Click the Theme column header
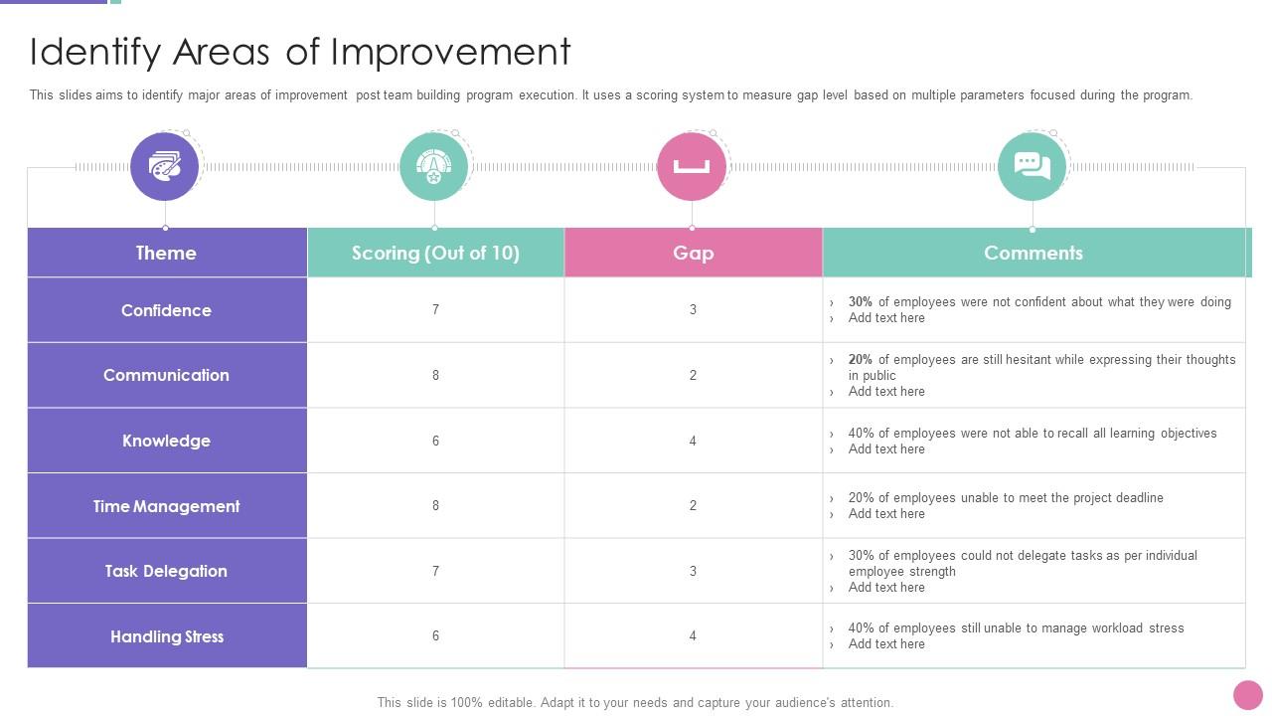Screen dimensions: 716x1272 click(166, 253)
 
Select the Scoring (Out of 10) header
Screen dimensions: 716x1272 click(435, 253)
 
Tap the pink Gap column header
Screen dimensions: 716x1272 click(693, 253)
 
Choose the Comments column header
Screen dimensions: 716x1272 click(1033, 253)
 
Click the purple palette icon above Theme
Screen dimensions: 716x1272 click(165, 166)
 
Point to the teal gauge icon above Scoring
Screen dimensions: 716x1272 click(433, 166)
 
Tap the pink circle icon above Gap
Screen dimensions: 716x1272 click(692, 166)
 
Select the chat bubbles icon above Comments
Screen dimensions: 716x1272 click(1033, 166)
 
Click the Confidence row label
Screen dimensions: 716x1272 click(166, 310)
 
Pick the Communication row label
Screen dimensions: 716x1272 click(166, 375)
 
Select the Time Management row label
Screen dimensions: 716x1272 click(166, 506)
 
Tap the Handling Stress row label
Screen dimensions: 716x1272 click(166, 636)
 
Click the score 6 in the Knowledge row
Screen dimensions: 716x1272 click(435, 441)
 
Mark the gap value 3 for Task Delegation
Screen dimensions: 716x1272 click(693, 571)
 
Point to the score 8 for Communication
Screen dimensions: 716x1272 click(435, 375)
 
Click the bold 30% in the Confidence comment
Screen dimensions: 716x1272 click(860, 302)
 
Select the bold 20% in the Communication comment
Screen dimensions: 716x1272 click(860, 360)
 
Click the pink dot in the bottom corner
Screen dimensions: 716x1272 click(1247, 695)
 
